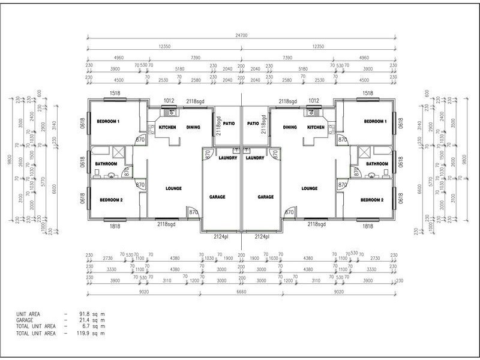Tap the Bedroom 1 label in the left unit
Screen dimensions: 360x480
pos(108,121)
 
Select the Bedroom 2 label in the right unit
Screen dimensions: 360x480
pos(372,200)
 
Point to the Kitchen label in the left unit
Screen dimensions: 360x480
pos(167,127)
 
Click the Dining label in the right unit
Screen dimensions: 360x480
pos(290,127)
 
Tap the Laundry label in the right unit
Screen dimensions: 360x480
pos(255,158)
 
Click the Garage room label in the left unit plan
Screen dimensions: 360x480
pos(217,197)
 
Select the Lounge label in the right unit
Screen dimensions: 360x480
pos(310,188)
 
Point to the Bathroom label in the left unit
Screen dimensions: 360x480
pos(106,164)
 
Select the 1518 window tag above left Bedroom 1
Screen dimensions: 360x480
pos(116,94)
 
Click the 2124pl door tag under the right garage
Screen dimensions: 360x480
pos(262,236)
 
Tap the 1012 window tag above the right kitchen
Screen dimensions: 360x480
pos(313,101)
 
